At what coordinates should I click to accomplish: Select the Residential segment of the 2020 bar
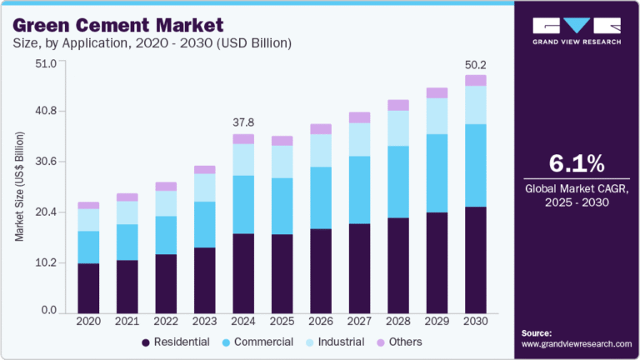click(88, 287)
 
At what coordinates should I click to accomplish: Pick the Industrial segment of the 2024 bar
click(243, 159)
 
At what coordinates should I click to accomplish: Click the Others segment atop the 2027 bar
click(359, 117)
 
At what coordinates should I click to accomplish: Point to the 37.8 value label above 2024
click(243, 122)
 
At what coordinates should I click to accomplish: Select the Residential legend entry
click(179, 342)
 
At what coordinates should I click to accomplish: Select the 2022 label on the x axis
click(166, 321)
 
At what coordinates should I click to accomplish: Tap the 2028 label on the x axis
click(397, 321)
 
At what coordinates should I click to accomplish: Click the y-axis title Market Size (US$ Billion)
click(18, 187)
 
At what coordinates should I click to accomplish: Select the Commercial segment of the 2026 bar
click(321, 197)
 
